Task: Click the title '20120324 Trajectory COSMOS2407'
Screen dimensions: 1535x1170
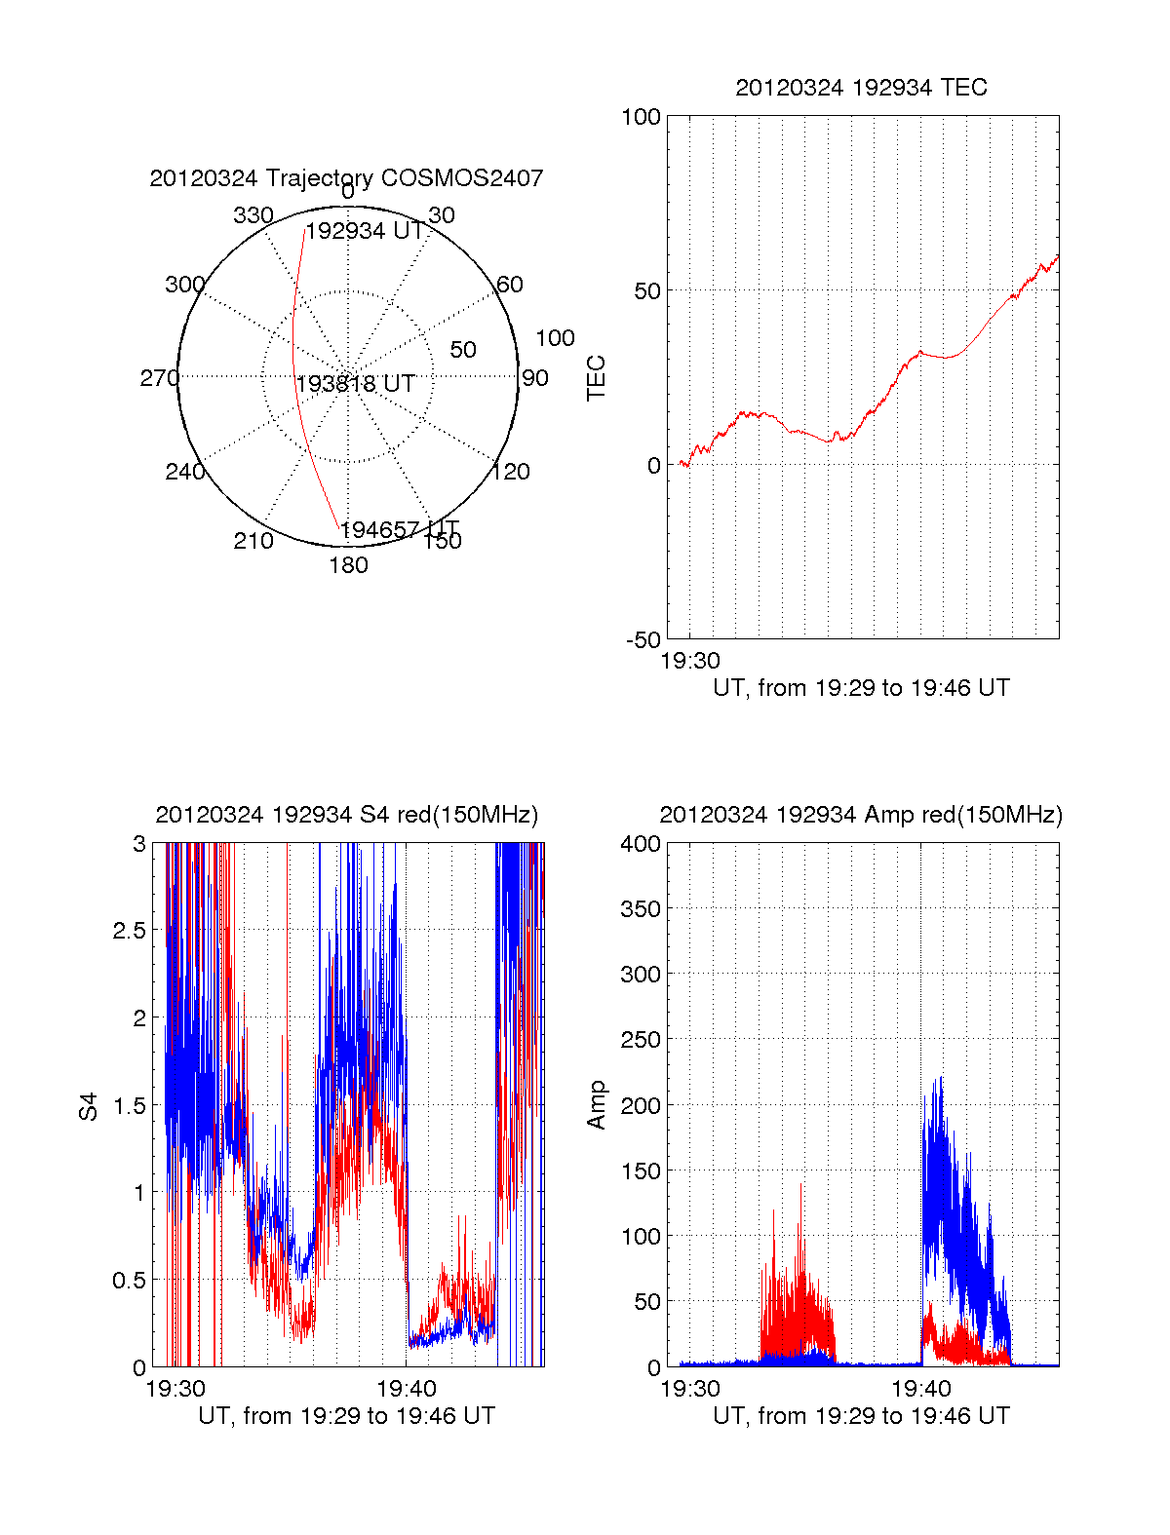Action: (x=346, y=178)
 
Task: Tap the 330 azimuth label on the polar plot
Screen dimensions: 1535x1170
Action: (x=253, y=215)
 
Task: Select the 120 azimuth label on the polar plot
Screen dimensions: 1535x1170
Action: (x=511, y=472)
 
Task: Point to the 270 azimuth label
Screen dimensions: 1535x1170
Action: (x=159, y=378)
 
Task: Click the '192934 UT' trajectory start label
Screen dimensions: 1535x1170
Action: (x=365, y=231)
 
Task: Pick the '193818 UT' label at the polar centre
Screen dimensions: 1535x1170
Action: (x=356, y=384)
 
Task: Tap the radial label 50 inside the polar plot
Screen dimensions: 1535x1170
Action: (x=463, y=350)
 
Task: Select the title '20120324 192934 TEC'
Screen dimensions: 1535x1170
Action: (x=861, y=88)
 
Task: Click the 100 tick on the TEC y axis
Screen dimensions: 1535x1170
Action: (x=641, y=117)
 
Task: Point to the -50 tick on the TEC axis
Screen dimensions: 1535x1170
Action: (x=643, y=640)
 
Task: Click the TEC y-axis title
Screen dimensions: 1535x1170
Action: (x=596, y=378)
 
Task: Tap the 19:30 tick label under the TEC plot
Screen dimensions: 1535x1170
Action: (x=690, y=661)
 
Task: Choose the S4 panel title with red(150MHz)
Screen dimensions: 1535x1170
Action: (x=346, y=815)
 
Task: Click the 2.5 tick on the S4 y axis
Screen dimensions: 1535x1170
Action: (x=129, y=931)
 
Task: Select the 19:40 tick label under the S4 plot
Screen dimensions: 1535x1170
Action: (x=407, y=1388)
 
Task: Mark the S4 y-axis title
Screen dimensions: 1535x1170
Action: (x=89, y=1106)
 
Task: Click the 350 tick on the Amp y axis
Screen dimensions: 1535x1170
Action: (x=641, y=909)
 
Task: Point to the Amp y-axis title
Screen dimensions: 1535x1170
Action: (x=596, y=1105)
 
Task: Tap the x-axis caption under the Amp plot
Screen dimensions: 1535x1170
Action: (x=861, y=1416)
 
